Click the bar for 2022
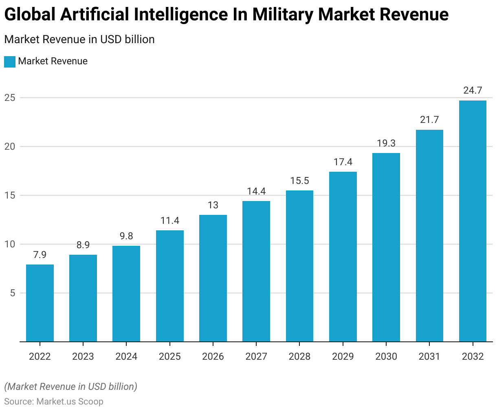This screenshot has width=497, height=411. click(40, 303)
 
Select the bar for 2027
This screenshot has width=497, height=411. click(256, 271)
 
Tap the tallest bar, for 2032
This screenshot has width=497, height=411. click(473, 221)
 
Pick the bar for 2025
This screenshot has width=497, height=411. click(170, 286)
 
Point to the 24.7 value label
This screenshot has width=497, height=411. click(473, 90)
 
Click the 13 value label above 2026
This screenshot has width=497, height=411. click(213, 205)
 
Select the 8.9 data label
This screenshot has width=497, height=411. click(83, 245)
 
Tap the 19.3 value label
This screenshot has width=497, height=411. click(386, 143)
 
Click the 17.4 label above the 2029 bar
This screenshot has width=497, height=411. click(343, 162)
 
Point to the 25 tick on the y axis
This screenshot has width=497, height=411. click(10, 98)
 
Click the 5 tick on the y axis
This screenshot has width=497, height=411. click(13, 293)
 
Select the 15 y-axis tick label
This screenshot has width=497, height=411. click(10, 195)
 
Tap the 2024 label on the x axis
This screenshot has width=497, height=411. click(126, 356)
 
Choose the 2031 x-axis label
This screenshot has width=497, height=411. click(429, 356)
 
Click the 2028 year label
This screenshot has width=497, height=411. click(299, 356)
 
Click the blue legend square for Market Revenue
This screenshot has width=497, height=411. click(10, 61)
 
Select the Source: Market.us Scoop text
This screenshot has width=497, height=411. click(54, 402)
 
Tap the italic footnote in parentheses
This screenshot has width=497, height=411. click(71, 387)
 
